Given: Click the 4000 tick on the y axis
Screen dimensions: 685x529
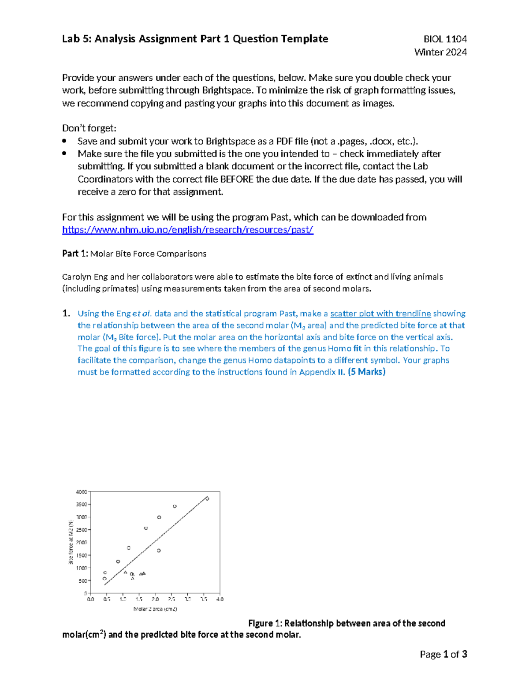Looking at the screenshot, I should tap(82, 492).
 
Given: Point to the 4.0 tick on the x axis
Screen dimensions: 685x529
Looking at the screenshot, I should tap(220, 599).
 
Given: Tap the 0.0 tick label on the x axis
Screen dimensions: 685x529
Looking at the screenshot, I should tap(90, 599).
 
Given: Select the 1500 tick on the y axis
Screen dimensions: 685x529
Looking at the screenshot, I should tap(82, 555).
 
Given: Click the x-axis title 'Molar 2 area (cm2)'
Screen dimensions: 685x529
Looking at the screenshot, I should tap(155, 609).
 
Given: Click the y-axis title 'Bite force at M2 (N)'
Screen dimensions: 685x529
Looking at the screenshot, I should tap(71, 543).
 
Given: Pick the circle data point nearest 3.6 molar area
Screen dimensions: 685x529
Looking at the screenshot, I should tap(207, 499).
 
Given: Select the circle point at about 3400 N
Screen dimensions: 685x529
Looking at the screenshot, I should tap(175, 506).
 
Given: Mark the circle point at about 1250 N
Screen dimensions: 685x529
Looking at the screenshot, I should tap(118, 561).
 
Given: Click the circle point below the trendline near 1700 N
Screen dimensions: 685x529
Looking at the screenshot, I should tap(159, 550).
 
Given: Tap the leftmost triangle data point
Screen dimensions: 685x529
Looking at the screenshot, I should tap(125, 573).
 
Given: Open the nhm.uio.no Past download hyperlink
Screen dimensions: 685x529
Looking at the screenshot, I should tap(187, 230).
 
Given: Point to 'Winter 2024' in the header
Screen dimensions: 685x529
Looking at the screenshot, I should tap(440, 52).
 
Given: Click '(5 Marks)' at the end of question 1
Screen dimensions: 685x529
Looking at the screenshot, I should tap(367, 372).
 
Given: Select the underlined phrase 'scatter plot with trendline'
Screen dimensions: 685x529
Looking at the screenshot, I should tap(380, 314).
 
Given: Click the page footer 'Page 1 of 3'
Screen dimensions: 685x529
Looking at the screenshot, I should tap(443, 654).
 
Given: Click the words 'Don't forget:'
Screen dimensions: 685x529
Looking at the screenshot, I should tap(89, 128).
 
